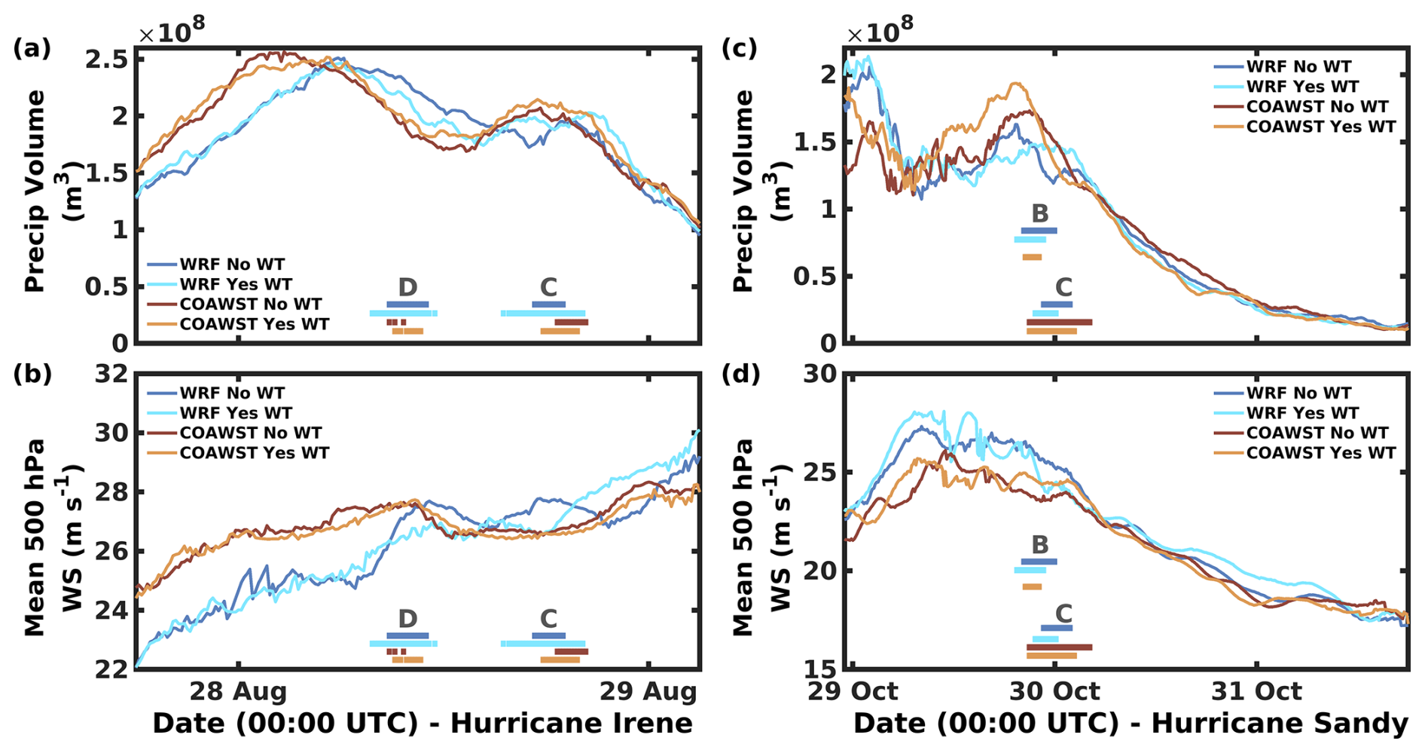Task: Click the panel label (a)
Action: [x=32, y=48]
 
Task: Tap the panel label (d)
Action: [x=741, y=374]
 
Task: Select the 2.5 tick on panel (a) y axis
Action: [x=106, y=60]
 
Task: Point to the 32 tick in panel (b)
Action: [x=111, y=374]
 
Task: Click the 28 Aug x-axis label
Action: [x=238, y=691]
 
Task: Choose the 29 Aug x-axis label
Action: [x=648, y=691]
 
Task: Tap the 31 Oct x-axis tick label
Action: [x=1256, y=691]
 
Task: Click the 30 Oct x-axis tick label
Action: [x=1054, y=691]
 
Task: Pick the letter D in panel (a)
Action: [x=407, y=287]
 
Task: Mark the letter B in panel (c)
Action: [x=1039, y=213]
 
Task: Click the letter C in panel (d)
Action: [x=1063, y=614]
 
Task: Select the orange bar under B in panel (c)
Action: [x=1032, y=258]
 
